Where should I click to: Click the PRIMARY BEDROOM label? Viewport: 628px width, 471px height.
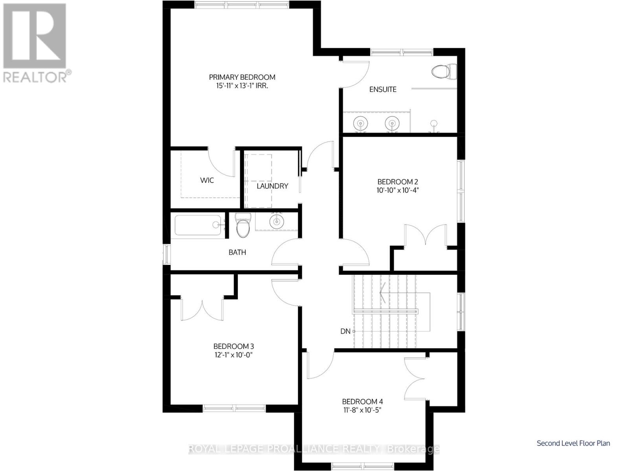(x=242, y=77)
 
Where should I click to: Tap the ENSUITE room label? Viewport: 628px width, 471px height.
(x=383, y=89)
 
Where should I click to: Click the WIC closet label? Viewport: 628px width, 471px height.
(x=207, y=181)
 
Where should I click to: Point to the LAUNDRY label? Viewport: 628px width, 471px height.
(x=272, y=186)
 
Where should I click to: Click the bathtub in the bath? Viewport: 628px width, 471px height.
(x=198, y=225)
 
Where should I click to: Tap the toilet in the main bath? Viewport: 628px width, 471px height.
(x=243, y=225)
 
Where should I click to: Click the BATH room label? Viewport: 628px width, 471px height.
(x=237, y=252)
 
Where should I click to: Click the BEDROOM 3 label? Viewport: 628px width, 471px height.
(x=233, y=346)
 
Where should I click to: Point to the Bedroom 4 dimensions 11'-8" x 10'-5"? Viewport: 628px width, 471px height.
(x=362, y=410)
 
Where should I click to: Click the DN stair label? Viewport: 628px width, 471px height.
(x=345, y=331)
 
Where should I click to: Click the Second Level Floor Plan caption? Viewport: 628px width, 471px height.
(x=573, y=443)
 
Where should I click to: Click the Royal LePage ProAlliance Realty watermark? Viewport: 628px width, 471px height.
(x=314, y=449)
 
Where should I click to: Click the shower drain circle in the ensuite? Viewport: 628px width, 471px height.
(x=434, y=123)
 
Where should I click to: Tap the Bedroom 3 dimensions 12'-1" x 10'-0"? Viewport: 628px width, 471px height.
(x=233, y=355)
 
